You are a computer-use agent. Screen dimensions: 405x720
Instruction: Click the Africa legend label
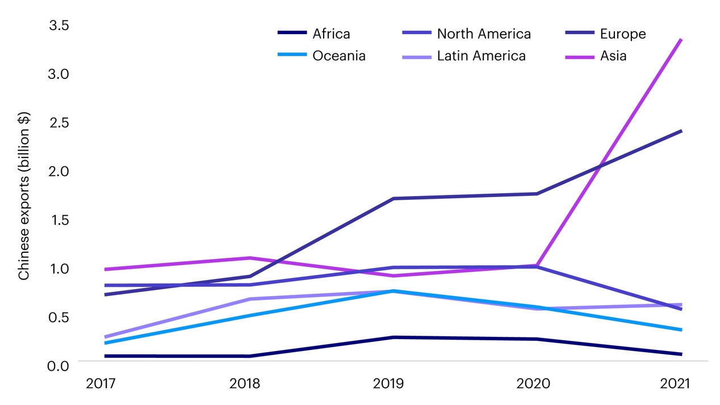click(331, 34)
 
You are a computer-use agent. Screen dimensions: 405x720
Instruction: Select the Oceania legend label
click(338, 56)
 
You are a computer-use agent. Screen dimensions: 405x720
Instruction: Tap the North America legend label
click(484, 34)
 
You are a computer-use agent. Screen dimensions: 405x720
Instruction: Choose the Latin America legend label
click(481, 56)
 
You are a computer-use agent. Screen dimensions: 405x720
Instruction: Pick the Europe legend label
click(623, 34)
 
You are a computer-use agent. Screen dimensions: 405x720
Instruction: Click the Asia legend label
click(613, 56)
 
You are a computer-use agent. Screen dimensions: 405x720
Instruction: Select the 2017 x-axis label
click(101, 384)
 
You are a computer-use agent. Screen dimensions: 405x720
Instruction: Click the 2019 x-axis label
click(388, 384)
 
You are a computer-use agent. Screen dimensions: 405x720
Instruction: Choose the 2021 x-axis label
click(675, 384)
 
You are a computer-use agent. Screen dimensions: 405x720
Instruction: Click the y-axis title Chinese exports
click(24, 196)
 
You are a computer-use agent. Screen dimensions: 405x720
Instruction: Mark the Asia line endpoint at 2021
click(681, 40)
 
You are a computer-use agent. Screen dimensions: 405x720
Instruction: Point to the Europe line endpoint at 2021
click(681, 131)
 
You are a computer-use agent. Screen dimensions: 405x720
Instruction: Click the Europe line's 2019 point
click(393, 198)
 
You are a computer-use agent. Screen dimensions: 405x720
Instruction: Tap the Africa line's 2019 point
click(393, 337)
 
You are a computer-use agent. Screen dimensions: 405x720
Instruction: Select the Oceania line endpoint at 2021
click(681, 329)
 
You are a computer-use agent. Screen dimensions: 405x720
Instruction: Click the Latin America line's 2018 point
click(250, 299)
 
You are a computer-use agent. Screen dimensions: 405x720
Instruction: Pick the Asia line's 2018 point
click(250, 258)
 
